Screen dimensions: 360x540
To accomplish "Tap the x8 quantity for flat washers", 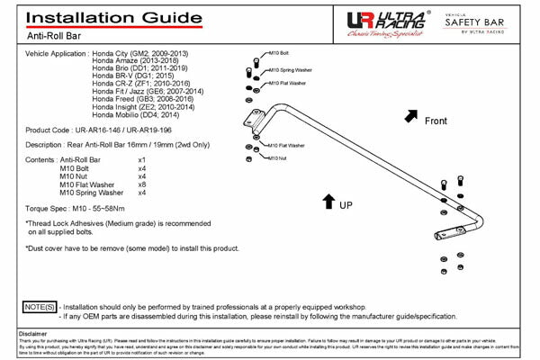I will click(x=141, y=184).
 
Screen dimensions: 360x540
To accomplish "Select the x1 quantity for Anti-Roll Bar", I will click(x=141, y=159).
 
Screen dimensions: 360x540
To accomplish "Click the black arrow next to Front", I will click(x=409, y=116).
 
